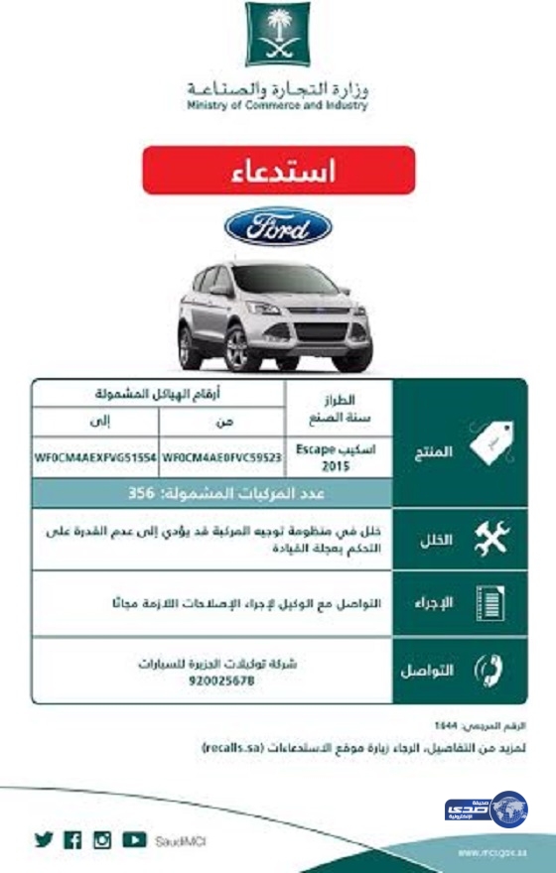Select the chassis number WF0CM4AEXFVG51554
94,459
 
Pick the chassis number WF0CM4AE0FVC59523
221,459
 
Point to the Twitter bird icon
44,839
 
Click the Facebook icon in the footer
72,839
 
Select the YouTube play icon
134,839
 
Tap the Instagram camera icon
102,839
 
